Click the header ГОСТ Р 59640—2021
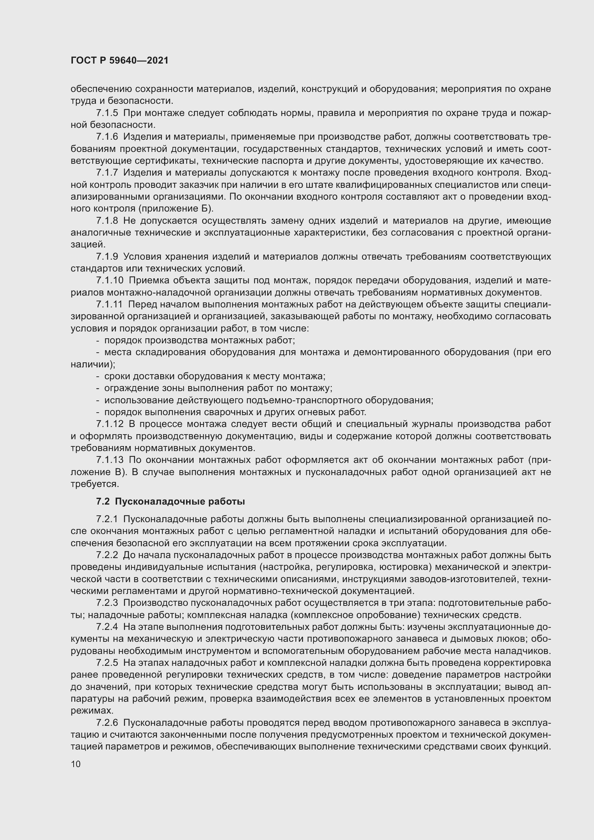(120, 60)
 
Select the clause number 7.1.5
(107, 113)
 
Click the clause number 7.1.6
(107, 137)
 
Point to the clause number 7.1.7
(107, 173)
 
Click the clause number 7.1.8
(107, 221)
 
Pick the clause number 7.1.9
(107, 256)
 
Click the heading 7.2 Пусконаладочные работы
(171, 502)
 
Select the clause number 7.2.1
(107, 519)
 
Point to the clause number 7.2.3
(107, 603)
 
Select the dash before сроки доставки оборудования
(98, 376)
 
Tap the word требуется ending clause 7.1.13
(95, 484)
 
